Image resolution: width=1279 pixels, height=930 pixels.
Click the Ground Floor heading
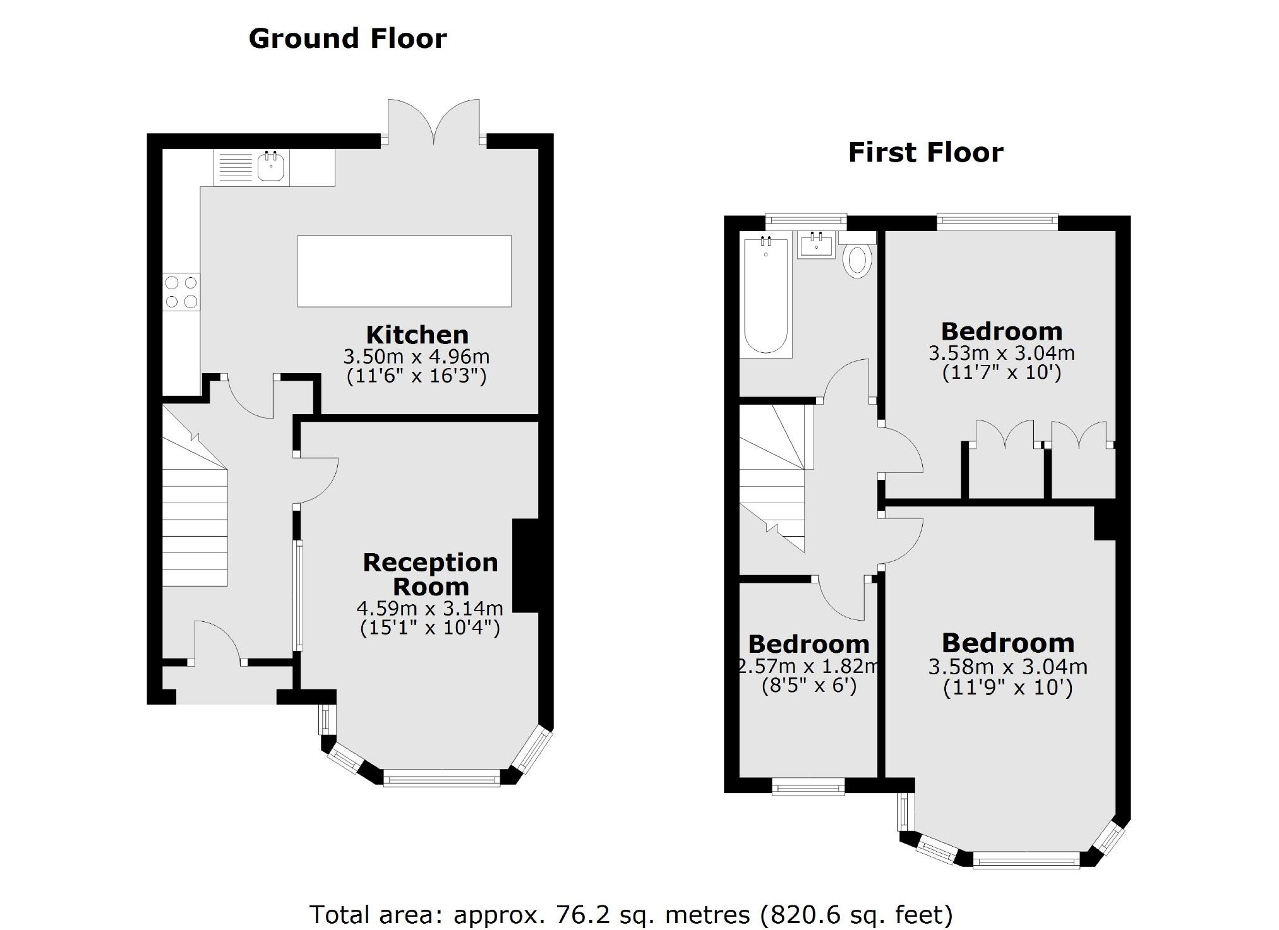(x=347, y=39)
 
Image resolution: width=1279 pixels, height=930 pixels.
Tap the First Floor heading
(x=925, y=153)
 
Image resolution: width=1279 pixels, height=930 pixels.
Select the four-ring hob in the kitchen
(x=181, y=292)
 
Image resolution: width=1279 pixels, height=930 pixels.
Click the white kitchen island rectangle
(x=404, y=271)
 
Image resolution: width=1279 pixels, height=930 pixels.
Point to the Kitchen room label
(x=417, y=335)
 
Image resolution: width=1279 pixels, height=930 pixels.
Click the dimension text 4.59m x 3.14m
(x=429, y=608)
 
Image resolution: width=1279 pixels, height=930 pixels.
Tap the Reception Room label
(x=430, y=574)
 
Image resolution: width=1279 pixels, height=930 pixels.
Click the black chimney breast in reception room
(x=525, y=566)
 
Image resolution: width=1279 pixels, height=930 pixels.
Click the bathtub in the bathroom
(x=766, y=295)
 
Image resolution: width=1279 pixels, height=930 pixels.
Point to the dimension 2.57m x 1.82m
(x=808, y=665)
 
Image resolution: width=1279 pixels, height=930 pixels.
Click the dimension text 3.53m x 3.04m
(x=1001, y=352)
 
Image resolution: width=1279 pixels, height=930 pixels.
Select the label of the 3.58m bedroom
(x=1008, y=643)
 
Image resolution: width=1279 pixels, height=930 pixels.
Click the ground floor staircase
(x=195, y=518)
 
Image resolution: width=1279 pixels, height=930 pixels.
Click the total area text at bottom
(x=630, y=914)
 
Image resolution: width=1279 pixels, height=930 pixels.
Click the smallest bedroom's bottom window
(x=808, y=787)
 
